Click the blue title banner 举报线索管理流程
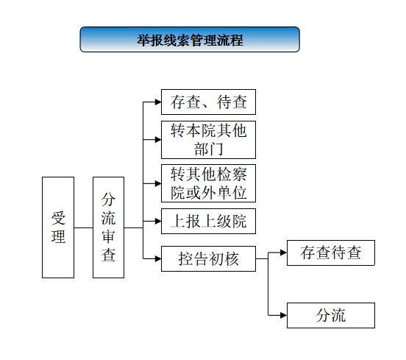click(x=190, y=40)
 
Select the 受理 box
click(x=58, y=227)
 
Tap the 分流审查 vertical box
click(x=109, y=227)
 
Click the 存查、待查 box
click(x=208, y=102)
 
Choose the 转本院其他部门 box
click(x=208, y=140)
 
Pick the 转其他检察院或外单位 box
click(x=208, y=183)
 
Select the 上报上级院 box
click(x=208, y=221)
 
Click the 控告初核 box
click(x=208, y=258)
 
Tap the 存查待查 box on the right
click(x=331, y=253)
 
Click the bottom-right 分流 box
click(x=331, y=315)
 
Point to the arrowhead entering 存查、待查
click(x=158, y=102)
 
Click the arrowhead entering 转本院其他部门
click(x=158, y=140)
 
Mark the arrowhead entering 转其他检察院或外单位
click(x=158, y=183)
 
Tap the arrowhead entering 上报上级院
click(x=158, y=221)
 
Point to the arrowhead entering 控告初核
click(x=158, y=258)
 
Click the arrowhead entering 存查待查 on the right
click(x=284, y=253)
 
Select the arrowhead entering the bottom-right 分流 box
click(x=284, y=315)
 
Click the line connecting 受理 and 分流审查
click(x=83, y=227)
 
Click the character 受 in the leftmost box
click(x=58, y=218)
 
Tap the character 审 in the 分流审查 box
click(x=108, y=236)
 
